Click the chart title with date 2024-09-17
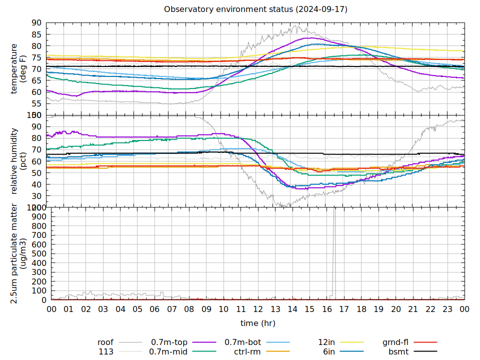pyautogui.click(x=255, y=9)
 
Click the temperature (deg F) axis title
pyautogui.click(x=19, y=68)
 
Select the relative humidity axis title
pyautogui.click(x=19, y=161)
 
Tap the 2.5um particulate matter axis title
pyautogui.click(x=19, y=253)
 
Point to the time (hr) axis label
pyautogui.click(x=257, y=323)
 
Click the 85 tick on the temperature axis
pyautogui.click(x=36, y=34)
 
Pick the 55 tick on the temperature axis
pyautogui.click(x=36, y=103)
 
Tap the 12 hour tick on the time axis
pyautogui.click(x=258, y=309)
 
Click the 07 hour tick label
pyautogui.click(x=171, y=309)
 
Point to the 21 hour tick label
pyautogui.click(x=413, y=309)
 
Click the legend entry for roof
pyautogui.click(x=105, y=342)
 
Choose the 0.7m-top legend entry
pyautogui.click(x=169, y=342)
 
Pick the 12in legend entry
pyautogui.click(x=326, y=342)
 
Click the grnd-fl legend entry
pyautogui.click(x=395, y=342)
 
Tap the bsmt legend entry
pyautogui.click(x=398, y=351)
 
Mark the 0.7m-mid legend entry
pyautogui.click(x=168, y=351)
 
